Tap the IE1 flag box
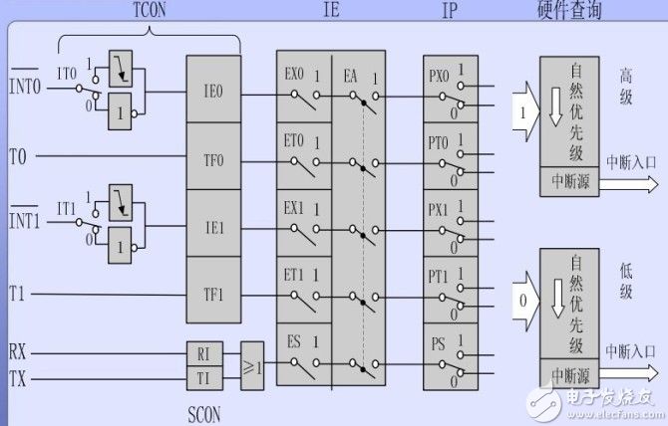213,227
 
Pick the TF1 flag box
213,294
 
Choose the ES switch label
294,341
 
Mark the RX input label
18,351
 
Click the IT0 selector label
67,73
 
